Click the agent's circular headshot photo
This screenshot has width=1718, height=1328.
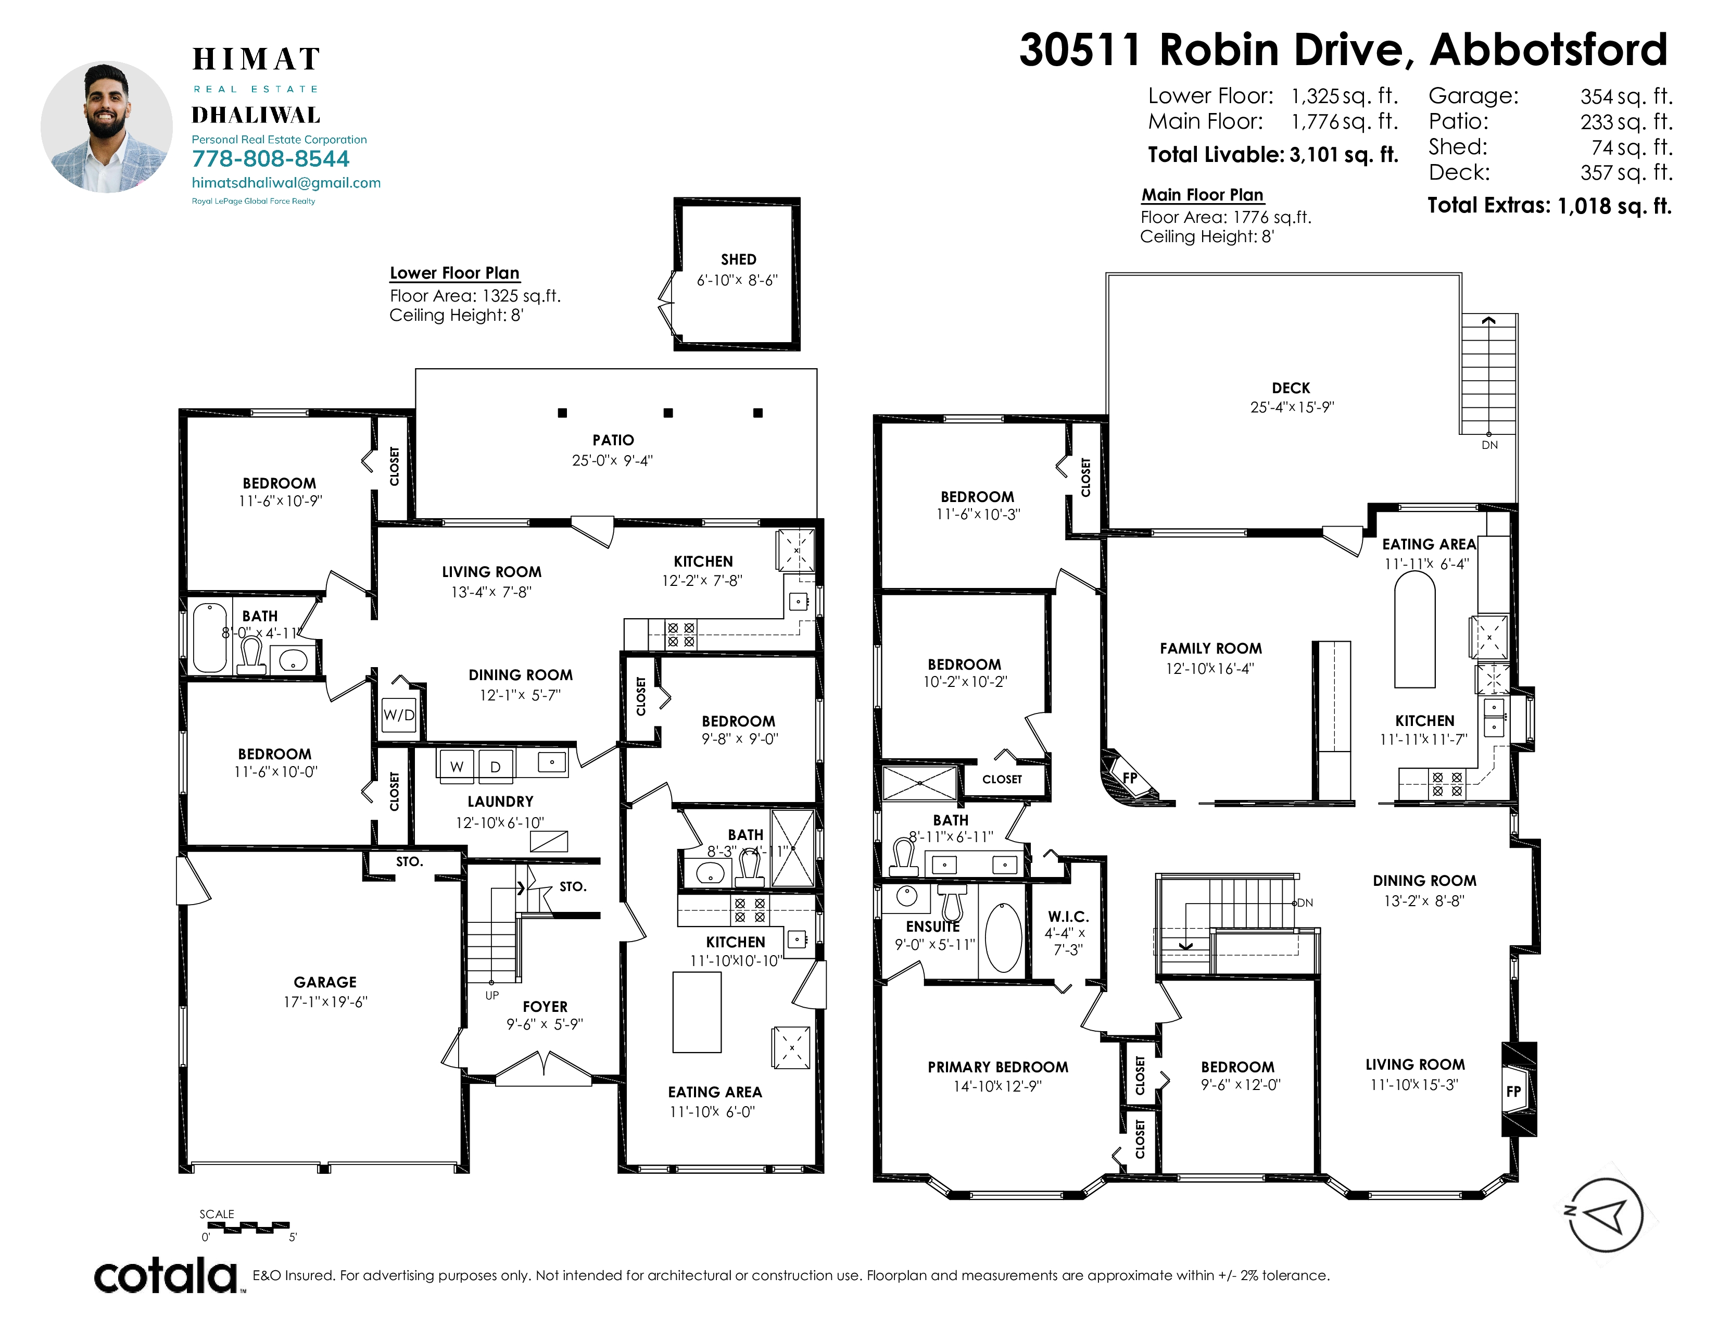coord(106,127)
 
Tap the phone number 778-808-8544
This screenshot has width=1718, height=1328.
coord(271,159)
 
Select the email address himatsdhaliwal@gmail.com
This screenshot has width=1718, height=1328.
coord(286,182)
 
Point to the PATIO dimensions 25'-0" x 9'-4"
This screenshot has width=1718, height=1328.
coord(613,460)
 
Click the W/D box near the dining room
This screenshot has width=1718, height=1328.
coord(399,715)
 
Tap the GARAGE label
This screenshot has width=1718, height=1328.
coord(325,982)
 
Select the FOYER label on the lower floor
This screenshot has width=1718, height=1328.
coord(545,1006)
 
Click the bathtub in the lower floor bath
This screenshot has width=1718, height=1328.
coord(210,637)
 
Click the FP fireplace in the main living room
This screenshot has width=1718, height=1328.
coord(1518,1091)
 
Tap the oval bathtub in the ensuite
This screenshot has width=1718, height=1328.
coord(1003,938)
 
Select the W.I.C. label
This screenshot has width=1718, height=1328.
coord(1068,917)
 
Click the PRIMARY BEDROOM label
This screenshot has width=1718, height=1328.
coord(998,1067)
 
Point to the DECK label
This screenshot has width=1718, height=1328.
coord(1291,388)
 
